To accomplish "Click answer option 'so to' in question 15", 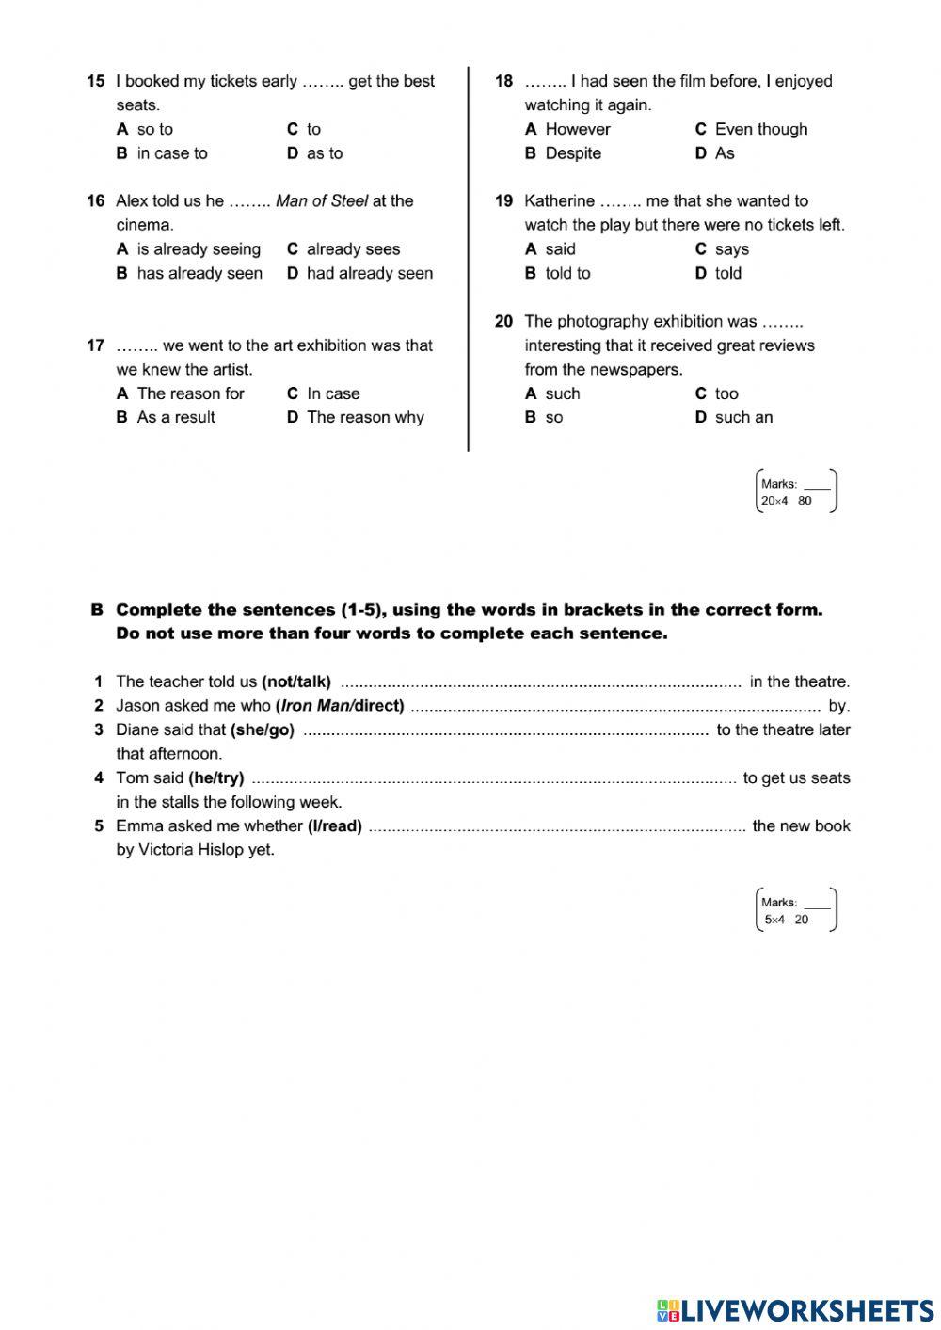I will point(154,129).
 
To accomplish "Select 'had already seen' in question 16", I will point(369,273).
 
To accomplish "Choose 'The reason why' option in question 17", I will point(365,417).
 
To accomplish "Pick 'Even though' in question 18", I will point(760,129).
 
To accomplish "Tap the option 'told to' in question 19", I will point(567,273).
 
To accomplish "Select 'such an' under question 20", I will point(743,417).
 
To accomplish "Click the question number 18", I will point(503,81).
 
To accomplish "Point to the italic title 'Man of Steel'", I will point(321,200).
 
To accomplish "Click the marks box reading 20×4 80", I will point(796,491).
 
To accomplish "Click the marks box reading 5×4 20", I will point(796,910).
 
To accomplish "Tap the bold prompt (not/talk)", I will point(296,681).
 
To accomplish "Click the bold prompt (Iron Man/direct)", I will point(340,705).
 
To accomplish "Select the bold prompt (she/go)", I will point(262,729).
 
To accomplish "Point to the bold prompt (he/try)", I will point(216,777).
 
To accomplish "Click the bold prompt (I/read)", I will point(335,825).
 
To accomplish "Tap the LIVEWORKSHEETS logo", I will point(794,1309).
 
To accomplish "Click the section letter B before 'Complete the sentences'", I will point(96,609).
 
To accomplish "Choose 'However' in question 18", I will point(577,129).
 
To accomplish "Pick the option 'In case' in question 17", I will point(333,393).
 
